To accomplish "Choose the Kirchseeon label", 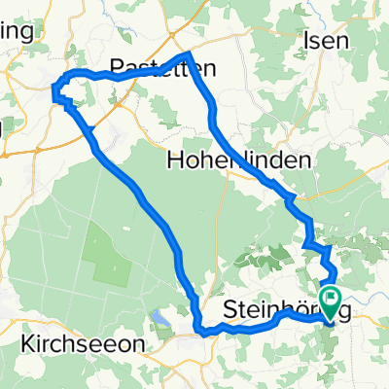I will click(83, 343).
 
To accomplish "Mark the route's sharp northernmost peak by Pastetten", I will click(187, 53).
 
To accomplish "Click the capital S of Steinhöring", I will click(231, 308).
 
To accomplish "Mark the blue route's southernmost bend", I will click(204, 333).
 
